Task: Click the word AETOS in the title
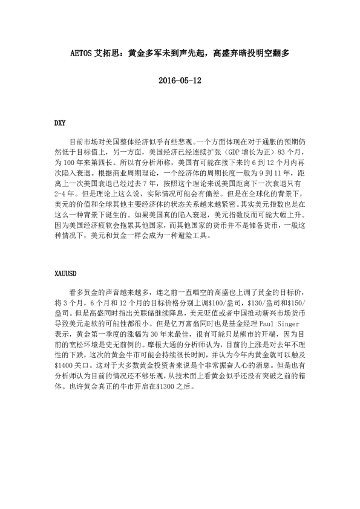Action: tap(83, 53)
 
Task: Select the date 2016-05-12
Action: tap(179, 80)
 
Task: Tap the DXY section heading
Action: tap(60, 123)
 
